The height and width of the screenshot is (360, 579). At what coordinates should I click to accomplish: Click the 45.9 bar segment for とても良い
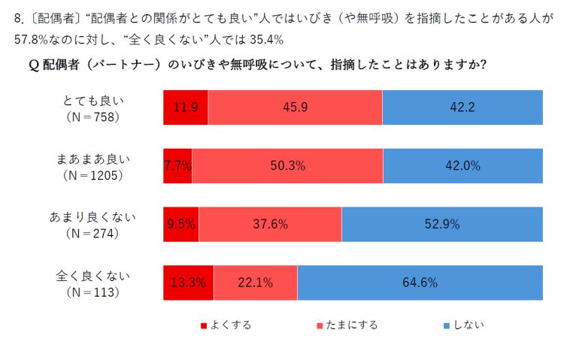[x=295, y=107]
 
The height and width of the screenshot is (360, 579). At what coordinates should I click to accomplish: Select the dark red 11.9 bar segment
[x=186, y=107]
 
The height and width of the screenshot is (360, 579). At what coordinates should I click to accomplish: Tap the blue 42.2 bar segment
[x=462, y=107]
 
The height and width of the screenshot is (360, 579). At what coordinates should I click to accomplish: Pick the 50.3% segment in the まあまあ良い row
[x=287, y=166]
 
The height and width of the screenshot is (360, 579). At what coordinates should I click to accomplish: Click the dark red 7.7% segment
[x=177, y=166]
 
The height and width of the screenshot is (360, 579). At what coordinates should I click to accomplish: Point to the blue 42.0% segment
[x=462, y=166]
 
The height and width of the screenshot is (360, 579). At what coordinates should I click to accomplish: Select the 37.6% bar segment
[x=270, y=224]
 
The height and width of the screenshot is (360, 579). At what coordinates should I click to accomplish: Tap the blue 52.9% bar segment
[x=442, y=224]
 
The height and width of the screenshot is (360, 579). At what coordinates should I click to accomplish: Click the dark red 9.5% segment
[x=181, y=224]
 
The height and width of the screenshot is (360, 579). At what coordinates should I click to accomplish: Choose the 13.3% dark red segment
[x=188, y=283]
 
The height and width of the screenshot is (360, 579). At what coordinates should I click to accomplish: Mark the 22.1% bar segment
[x=255, y=283]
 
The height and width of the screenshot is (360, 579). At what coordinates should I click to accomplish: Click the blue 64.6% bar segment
[x=420, y=283]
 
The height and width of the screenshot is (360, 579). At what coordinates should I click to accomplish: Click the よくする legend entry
[x=226, y=325]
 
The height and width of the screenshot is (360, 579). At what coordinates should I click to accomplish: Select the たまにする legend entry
[x=347, y=325]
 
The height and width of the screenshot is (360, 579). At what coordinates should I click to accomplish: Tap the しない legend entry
[x=463, y=325]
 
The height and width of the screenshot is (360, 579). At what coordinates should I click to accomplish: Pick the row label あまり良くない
[x=93, y=217]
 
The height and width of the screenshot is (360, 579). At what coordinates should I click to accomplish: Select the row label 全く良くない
[x=93, y=276]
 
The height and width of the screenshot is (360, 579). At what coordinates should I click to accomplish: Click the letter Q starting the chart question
[x=33, y=65]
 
